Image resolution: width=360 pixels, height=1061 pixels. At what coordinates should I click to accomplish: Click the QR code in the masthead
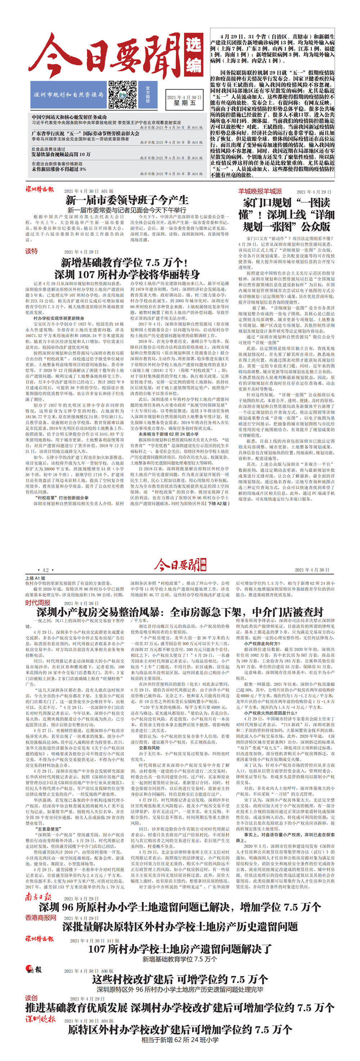122,95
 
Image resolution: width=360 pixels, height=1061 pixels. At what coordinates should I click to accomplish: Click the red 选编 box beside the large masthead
194,55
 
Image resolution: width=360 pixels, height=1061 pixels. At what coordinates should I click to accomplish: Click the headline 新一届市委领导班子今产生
127,201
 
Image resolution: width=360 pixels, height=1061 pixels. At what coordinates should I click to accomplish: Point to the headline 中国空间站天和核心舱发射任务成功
69,117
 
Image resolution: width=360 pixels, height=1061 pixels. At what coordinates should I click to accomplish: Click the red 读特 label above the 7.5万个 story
31,251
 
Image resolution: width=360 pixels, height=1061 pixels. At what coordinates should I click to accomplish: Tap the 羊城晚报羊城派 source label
260,191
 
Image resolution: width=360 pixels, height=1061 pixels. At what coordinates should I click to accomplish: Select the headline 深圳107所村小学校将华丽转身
127,274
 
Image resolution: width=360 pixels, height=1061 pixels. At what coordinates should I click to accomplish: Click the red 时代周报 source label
37,603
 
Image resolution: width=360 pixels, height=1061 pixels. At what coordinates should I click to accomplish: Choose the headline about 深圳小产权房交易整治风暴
180,612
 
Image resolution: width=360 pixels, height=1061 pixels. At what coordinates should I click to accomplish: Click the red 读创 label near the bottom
31,998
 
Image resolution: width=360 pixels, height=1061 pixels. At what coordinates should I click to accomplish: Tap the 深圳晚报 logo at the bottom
40,1019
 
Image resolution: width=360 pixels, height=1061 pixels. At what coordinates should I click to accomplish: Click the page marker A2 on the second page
46,570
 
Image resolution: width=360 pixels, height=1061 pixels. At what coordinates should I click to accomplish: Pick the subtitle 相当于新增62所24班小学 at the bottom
180,1040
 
